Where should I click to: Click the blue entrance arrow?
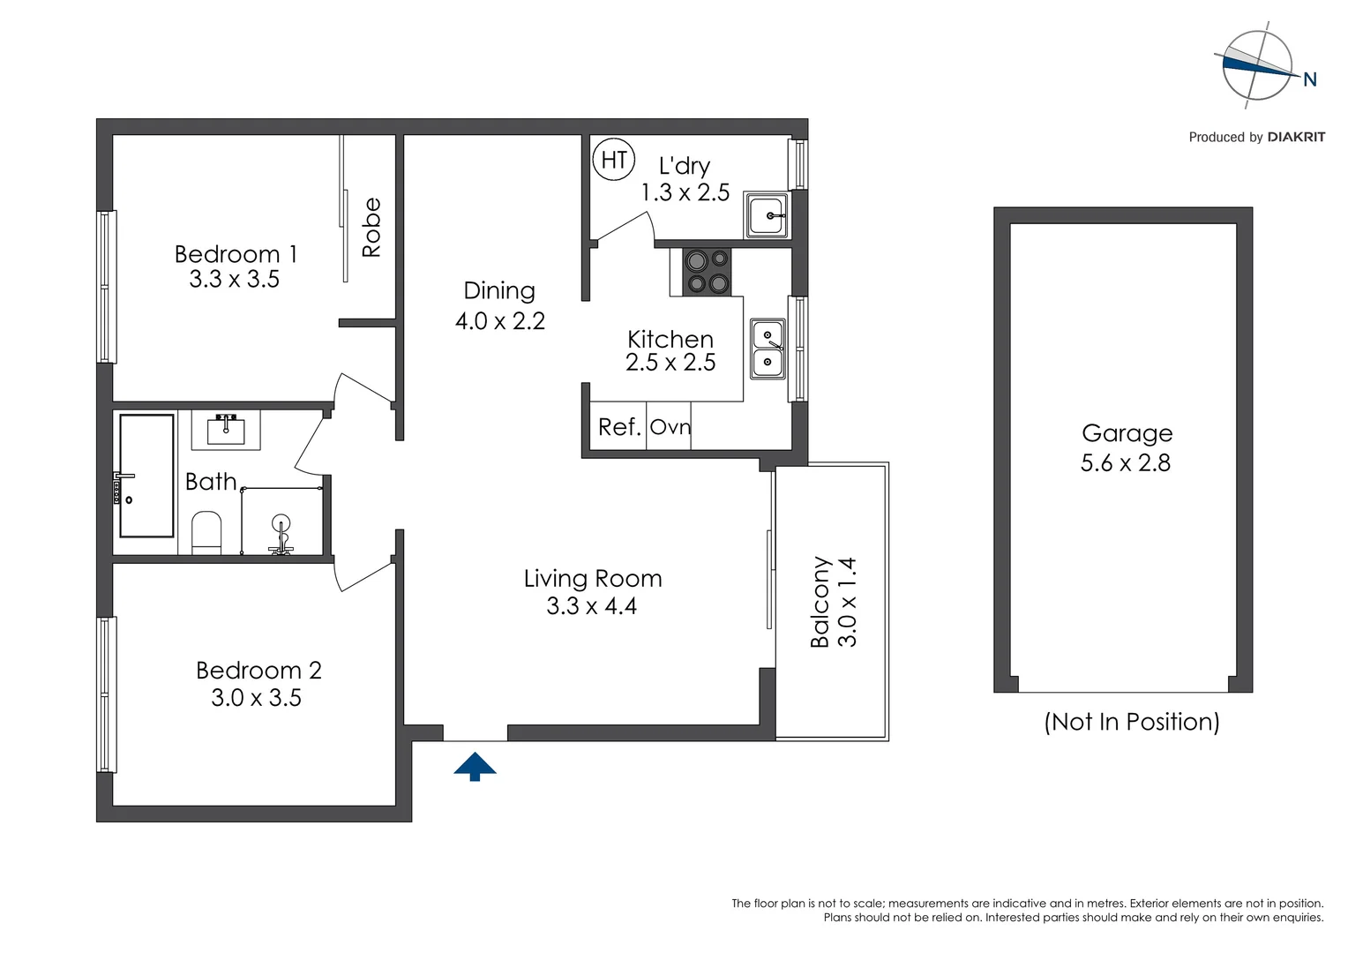(x=475, y=766)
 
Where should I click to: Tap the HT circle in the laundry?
(x=613, y=160)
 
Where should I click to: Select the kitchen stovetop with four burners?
(x=708, y=272)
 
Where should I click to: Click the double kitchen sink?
(x=768, y=349)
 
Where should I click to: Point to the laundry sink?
(x=767, y=214)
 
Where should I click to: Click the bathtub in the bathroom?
(x=146, y=476)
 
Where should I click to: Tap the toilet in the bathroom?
(x=206, y=533)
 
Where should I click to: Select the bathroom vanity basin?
(x=226, y=430)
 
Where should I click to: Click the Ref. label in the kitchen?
(x=618, y=427)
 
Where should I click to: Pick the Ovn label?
(x=670, y=427)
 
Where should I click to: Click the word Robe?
(x=371, y=228)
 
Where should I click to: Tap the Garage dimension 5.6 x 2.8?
(x=1125, y=462)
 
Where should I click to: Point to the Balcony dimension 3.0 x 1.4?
(x=847, y=602)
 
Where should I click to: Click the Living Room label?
(x=592, y=578)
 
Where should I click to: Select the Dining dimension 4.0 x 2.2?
(x=499, y=321)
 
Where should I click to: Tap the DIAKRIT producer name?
(x=1295, y=137)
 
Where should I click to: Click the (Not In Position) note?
(x=1131, y=722)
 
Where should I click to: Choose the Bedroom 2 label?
(x=258, y=671)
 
